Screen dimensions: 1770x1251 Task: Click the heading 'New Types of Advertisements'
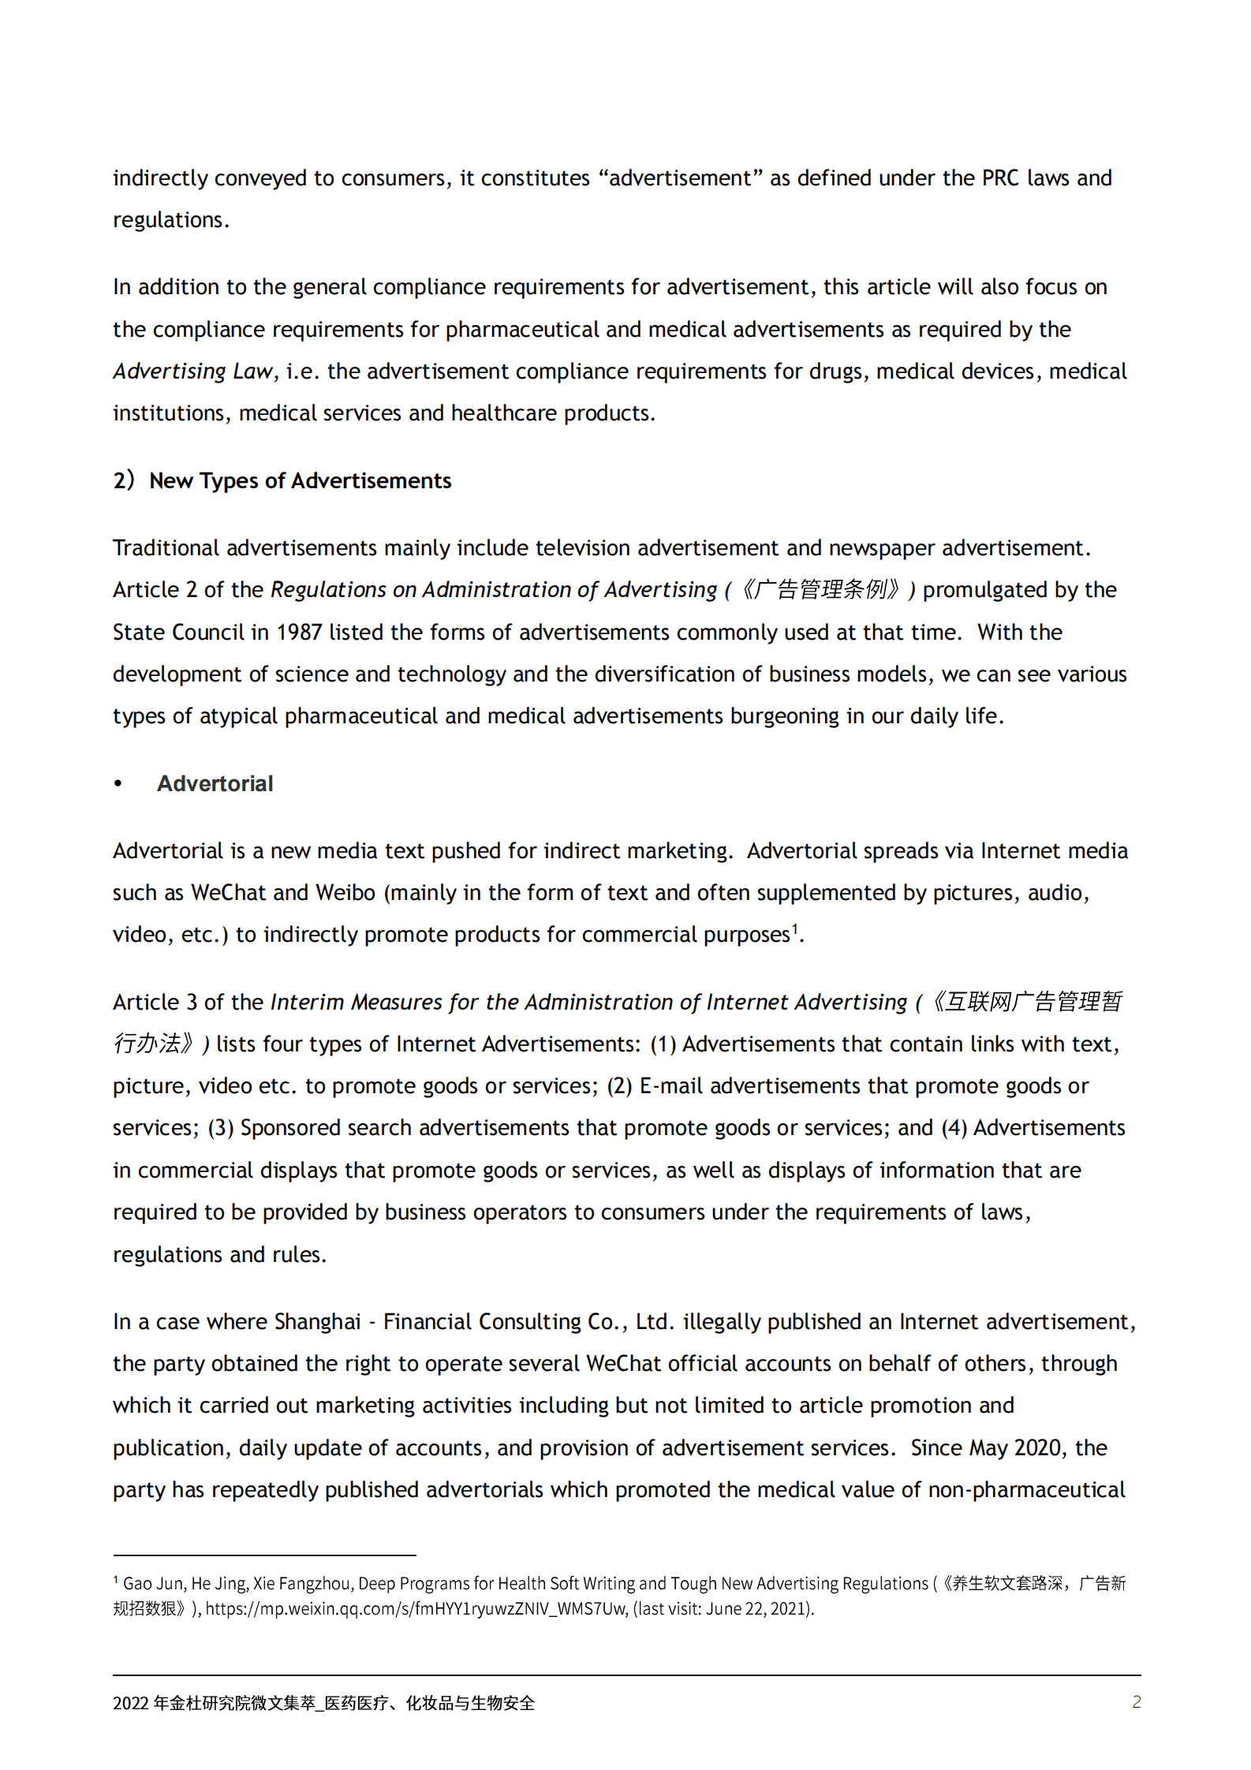[x=300, y=480]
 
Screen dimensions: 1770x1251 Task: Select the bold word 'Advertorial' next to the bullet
[x=215, y=783]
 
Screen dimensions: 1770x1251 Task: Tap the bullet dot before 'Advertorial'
[x=118, y=783]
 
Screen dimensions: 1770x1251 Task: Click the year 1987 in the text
[x=299, y=632]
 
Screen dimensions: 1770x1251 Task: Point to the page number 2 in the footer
[x=1136, y=1701]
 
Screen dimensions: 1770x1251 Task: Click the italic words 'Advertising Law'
[x=192, y=371]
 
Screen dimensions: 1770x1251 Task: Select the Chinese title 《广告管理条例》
[x=820, y=589]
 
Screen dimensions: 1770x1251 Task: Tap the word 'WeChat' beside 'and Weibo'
[x=229, y=892]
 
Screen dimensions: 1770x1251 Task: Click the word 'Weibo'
[x=345, y=892]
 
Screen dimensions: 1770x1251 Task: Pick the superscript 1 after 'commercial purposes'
[x=795, y=928]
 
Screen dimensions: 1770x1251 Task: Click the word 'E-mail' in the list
[x=671, y=1085]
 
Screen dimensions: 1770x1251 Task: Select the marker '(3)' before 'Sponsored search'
[x=220, y=1127]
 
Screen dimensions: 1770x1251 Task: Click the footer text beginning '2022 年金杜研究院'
[x=323, y=1702]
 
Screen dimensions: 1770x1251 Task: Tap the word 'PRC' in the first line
[x=1000, y=177]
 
